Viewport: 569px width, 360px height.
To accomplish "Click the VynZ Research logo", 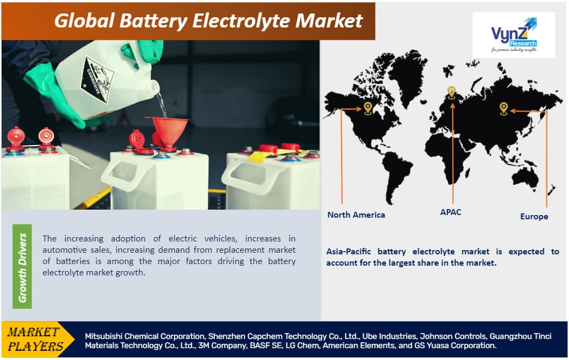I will [x=513, y=34].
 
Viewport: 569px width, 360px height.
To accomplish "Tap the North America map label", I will [x=356, y=214].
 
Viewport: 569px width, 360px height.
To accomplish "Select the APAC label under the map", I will [x=450, y=212].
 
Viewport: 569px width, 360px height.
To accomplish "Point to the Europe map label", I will [x=534, y=216].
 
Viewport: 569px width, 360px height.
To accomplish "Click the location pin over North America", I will [x=368, y=108].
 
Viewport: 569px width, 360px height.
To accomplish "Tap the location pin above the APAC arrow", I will [x=451, y=92].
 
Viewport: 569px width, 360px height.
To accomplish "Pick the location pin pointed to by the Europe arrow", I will [x=503, y=108].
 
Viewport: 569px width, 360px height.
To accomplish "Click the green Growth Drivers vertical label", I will [x=22, y=266].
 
